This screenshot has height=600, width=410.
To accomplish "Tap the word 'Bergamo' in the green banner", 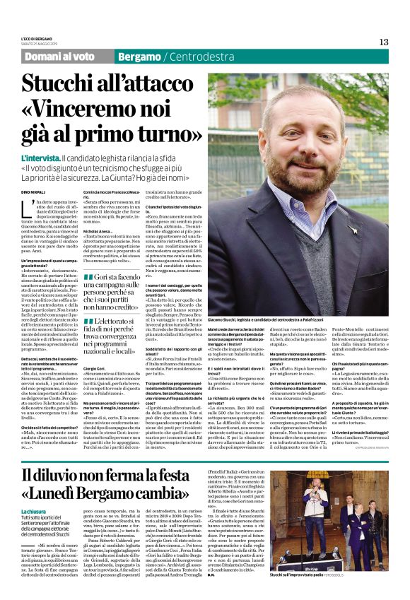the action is click(139, 56).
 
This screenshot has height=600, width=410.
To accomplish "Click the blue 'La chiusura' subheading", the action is click(33, 510).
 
